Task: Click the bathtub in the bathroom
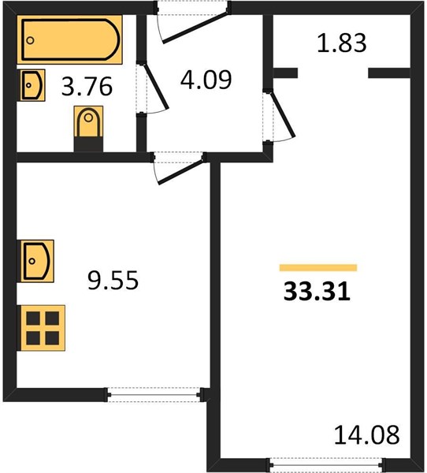tap(69, 39)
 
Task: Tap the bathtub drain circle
tap(30, 40)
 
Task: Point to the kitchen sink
tap(36, 261)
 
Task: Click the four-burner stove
tap(43, 328)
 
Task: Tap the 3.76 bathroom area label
tap(87, 87)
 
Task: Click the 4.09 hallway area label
tap(206, 80)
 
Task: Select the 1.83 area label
tap(342, 43)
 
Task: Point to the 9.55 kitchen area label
tap(113, 280)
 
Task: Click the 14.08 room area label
tap(366, 434)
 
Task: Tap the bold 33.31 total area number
tap(317, 292)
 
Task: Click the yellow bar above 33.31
tap(318, 268)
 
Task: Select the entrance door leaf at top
tap(196, 27)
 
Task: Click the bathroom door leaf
tap(155, 86)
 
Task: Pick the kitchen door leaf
tap(181, 172)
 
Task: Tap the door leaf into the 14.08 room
tap(282, 114)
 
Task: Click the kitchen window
tap(154, 395)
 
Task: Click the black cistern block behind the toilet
tap(89, 144)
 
